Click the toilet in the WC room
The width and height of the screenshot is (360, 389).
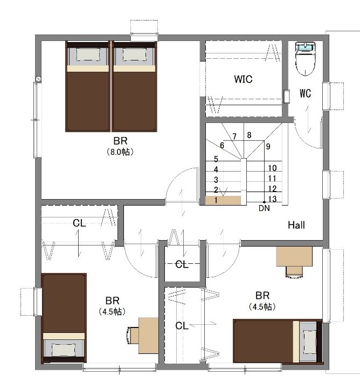tap(305, 59)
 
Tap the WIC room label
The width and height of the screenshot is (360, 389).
tap(243, 79)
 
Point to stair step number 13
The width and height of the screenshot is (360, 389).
tap(272, 199)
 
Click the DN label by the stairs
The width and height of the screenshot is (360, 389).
tap(264, 208)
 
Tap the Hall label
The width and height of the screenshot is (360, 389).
tap(296, 225)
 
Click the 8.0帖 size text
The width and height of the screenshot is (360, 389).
tap(120, 152)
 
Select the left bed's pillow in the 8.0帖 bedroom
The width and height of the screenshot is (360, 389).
tap(88, 54)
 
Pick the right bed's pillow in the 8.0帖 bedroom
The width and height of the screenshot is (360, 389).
tap(134, 54)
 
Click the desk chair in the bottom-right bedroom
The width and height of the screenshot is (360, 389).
tap(294, 272)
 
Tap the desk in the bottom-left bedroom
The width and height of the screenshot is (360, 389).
tap(148, 336)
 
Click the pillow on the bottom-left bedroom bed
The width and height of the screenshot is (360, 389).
tap(64, 350)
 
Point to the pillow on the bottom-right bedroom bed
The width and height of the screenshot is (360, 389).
tap(310, 343)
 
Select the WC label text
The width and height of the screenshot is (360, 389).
tap(305, 93)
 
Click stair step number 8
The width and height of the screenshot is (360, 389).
tap(249, 135)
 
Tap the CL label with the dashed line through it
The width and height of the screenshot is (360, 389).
tap(182, 264)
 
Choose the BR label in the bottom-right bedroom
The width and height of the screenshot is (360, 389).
tap(262, 296)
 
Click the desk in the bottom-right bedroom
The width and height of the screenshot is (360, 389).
tap(294, 256)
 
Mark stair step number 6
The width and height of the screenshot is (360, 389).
tap(221, 145)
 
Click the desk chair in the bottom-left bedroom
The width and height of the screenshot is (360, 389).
tap(133, 336)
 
